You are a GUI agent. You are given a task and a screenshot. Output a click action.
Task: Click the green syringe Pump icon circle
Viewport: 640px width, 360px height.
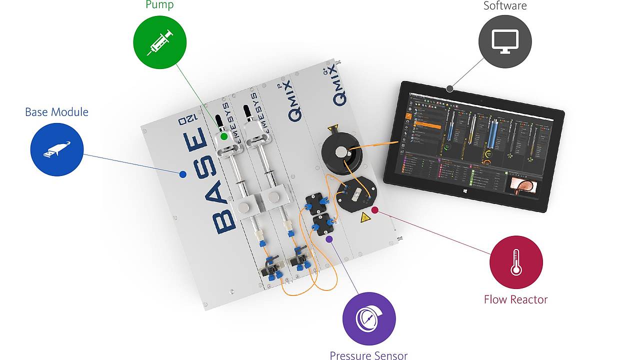[160, 42]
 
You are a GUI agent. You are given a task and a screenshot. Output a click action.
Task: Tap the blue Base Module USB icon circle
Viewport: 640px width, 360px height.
[57, 149]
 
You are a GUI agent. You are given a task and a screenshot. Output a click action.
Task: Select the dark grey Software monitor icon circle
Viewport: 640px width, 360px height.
[505, 41]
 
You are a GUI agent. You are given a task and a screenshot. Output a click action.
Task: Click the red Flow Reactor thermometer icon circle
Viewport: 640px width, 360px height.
[516, 262]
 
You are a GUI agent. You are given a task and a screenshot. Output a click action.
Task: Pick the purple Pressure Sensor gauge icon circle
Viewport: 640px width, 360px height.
[369, 318]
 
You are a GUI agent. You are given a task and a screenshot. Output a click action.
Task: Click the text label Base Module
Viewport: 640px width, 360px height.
[56, 112]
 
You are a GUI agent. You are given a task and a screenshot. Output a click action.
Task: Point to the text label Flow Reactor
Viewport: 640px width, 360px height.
[515, 299]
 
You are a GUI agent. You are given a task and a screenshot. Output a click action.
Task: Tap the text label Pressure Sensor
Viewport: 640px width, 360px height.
[368, 355]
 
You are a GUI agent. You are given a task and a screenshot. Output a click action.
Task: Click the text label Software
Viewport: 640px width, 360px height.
[505, 6]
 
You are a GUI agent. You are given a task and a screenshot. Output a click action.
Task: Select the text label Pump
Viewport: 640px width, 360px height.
[159, 5]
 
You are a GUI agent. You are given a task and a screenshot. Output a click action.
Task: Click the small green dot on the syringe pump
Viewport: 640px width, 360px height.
[224, 136]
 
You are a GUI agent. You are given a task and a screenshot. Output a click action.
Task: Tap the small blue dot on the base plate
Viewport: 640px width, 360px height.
[183, 174]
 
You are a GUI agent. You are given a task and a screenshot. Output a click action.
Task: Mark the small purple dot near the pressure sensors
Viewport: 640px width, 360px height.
[329, 239]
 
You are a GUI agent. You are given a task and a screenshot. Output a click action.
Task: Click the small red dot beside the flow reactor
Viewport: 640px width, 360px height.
[374, 210]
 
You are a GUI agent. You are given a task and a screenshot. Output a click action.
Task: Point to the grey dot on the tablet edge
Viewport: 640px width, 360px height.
[450, 88]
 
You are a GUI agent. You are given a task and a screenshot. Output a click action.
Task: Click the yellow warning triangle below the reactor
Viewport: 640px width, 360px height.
[365, 217]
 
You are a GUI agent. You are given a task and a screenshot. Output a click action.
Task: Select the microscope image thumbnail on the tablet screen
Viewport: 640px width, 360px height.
[521, 184]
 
